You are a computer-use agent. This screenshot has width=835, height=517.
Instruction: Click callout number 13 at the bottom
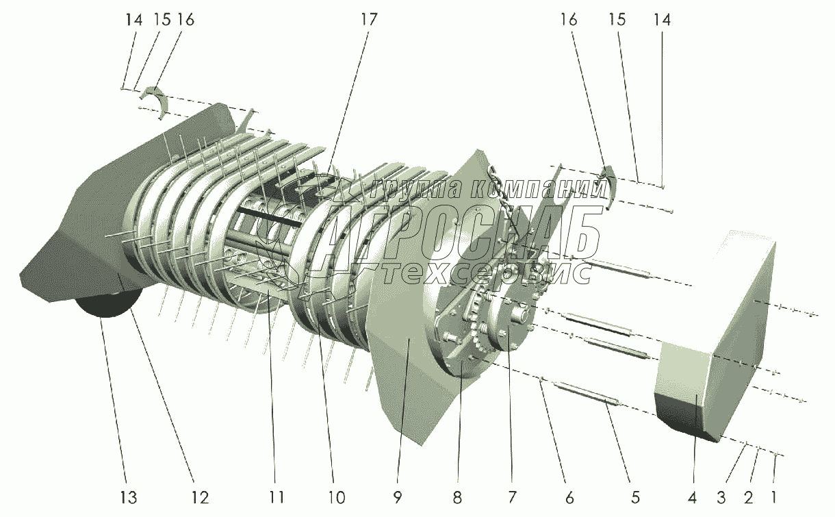point(129,497)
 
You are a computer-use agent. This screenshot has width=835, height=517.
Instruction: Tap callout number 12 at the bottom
point(200,497)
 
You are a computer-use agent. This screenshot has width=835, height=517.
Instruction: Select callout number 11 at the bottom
point(277,497)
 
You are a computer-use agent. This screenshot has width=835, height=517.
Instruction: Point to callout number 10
point(336,497)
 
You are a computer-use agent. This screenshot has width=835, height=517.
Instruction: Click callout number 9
point(398,497)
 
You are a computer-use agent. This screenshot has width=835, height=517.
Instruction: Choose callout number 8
point(457,497)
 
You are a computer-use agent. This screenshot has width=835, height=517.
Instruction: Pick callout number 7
point(512,497)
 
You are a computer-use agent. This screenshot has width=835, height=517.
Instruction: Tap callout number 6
point(569,497)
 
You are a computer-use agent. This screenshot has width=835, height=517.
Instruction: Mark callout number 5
point(635,497)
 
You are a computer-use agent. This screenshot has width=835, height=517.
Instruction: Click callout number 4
point(692,497)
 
